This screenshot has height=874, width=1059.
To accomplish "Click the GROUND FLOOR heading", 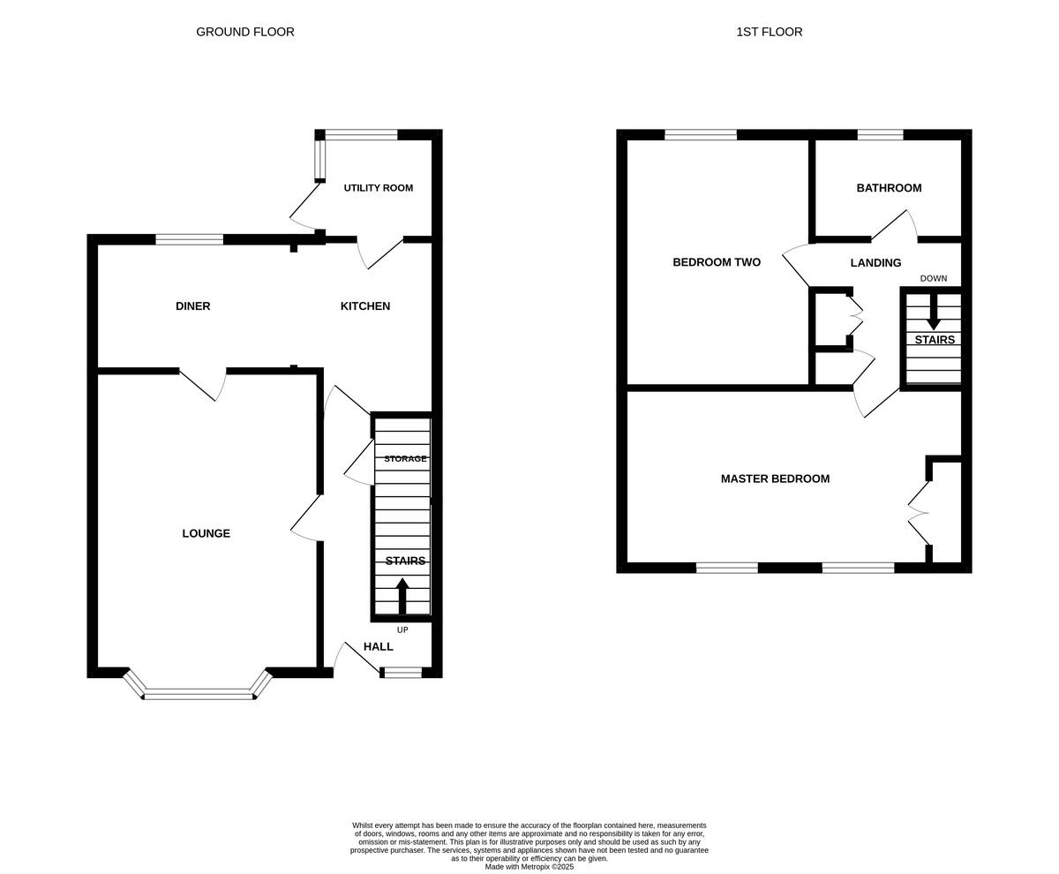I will coord(245,32).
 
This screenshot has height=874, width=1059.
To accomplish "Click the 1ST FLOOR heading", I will coord(769,32).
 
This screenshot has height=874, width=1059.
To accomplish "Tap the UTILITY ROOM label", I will coord(378,188).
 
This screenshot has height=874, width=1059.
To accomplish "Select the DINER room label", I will coord(192,306).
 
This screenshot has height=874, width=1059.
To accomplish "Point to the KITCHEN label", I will coord(365,306).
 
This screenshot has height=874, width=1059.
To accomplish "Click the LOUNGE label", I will coord(206,533).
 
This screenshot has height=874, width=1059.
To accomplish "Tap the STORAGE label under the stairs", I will coord(405,459).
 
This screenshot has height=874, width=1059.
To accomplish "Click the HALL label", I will coord(378,646).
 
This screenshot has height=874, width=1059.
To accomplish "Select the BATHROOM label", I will coord(889,188).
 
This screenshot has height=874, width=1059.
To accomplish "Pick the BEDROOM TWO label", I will coord(716,262).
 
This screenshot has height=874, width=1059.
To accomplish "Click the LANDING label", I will coord(875,263).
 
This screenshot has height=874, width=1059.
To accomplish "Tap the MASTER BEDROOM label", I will coord(775,478).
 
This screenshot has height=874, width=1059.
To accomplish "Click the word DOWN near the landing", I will coord(933,279).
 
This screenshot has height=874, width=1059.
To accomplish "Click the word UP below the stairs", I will coord(402,630).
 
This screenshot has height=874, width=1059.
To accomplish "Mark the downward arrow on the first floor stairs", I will coord(933,313).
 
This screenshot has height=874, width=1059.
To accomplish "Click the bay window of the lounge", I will coord(199,695).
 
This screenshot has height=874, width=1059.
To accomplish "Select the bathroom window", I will coord(880,135).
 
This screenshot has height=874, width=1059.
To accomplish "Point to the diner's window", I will coord(189,239).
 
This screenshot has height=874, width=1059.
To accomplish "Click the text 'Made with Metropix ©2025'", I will coord(529,867).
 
